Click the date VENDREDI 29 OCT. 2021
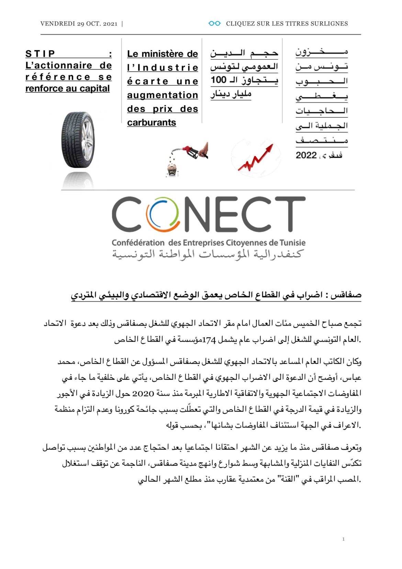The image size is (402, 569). pyautogui.click(x=79, y=24)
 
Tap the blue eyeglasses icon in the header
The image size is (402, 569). pyautogui.click(x=214, y=23)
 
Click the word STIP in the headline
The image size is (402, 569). pyautogui.click(x=40, y=54)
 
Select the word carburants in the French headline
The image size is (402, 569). pyautogui.click(x=151, y=123)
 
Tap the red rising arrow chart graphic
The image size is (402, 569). pyautogui.click(x=256, y=158)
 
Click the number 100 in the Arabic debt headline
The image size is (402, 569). pyautogui.click(x=219, y=80)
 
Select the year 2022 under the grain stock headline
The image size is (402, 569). pyautogui.click(x=306, y=155)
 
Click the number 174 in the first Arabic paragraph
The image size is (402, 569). pyautogui.click(x=209, y=340)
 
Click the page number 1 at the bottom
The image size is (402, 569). pyautogui.click(x=343, y=539)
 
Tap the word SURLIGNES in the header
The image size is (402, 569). pyautogui.click(x=329, y=24)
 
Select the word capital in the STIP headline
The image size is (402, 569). pyautogui.click(x=93, y=89)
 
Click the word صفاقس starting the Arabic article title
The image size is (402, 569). pyautogui.click(x=347, y=295)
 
